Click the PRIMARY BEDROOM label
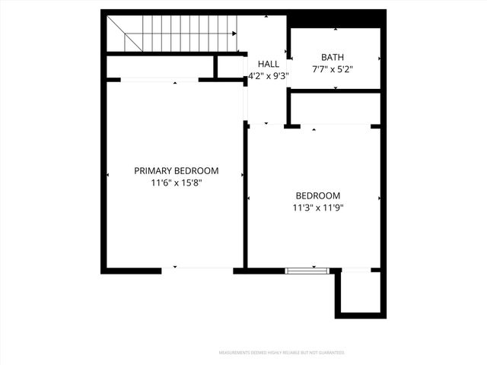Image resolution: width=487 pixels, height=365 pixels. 177,170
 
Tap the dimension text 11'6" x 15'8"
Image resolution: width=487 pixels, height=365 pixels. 177,182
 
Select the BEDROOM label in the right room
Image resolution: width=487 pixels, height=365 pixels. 318,195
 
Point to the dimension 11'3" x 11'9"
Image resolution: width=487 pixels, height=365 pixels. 318,207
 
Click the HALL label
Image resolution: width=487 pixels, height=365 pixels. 269,65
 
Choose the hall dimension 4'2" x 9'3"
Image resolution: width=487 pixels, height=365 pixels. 268,77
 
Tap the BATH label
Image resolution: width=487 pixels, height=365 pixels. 333,57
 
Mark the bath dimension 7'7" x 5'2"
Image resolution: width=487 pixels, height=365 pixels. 333,69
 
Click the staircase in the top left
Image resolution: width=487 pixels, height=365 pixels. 171,33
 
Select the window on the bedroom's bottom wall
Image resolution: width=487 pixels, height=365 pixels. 307,269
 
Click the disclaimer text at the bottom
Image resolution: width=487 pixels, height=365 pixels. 282,353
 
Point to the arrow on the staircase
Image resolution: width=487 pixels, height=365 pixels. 233,33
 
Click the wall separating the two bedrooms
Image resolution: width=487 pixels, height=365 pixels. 245,198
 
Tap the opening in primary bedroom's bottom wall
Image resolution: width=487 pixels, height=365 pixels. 198,268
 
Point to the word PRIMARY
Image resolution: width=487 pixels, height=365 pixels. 154,170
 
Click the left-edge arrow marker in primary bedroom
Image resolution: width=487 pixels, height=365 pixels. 108,176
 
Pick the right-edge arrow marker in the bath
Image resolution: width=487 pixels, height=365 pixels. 380,59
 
